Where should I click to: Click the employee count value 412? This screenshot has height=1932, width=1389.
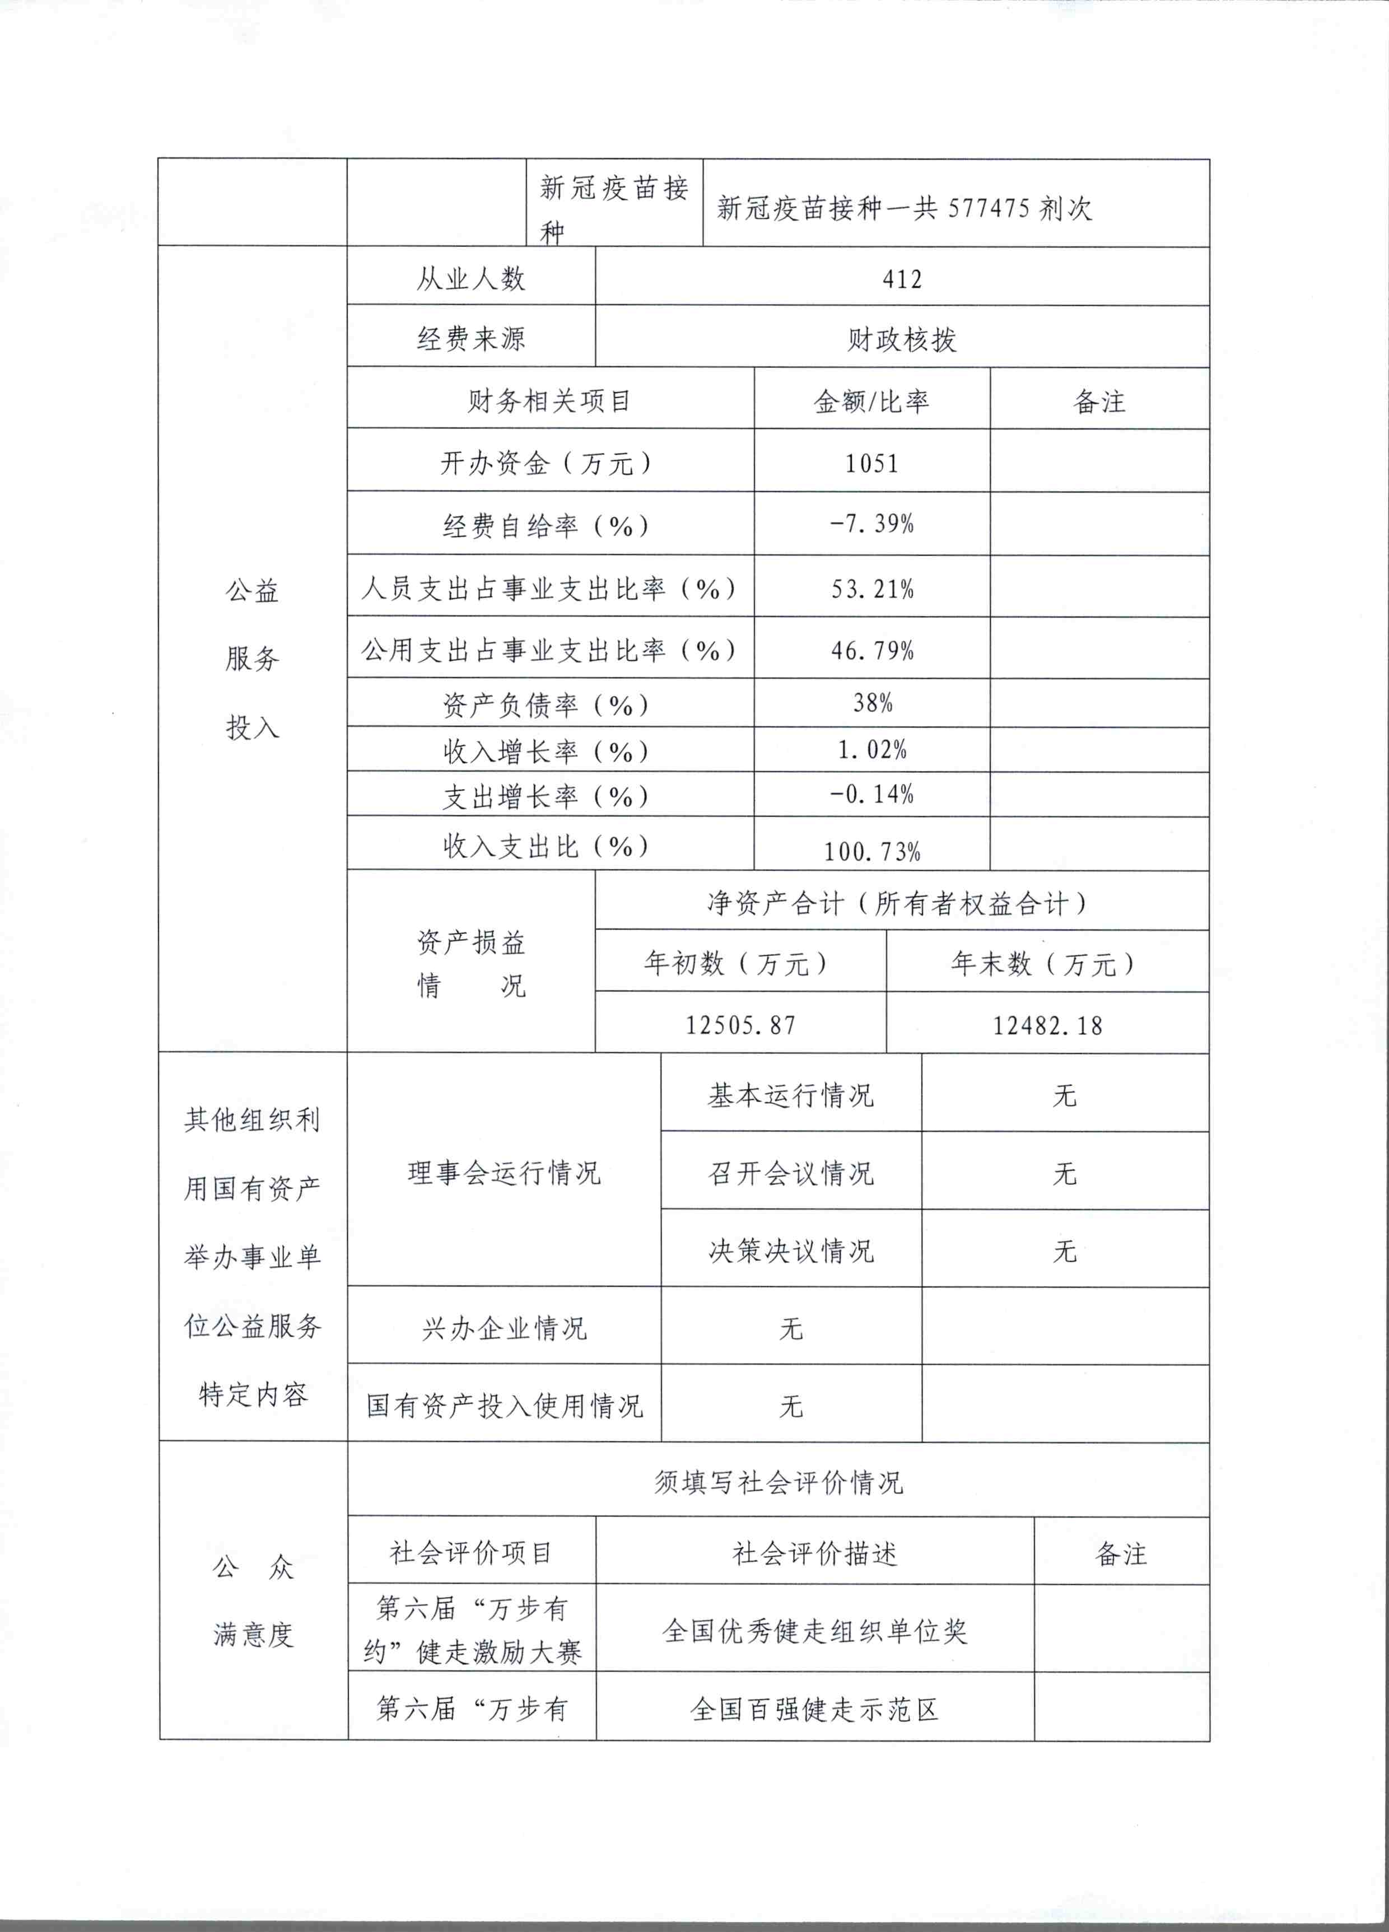[x=902, y=278]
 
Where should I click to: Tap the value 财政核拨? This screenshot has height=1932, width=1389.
[x=902, y=339]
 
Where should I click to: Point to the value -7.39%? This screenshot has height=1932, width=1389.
[x=871, y=523]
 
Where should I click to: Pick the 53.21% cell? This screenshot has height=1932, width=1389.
[x=871, y=589]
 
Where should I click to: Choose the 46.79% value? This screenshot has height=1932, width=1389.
[x=871, y=651]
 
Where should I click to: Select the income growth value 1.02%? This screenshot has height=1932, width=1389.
[x=871, y=750]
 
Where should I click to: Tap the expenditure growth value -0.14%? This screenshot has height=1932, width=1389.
[x=871, y=794]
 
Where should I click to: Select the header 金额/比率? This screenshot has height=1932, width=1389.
[x=871, y=400]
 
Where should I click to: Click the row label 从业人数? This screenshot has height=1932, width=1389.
[x=470, y=278]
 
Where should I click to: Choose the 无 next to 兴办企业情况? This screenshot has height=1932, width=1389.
[x=791, y=1328]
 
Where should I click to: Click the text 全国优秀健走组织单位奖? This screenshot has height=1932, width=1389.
[x=815, y=1631]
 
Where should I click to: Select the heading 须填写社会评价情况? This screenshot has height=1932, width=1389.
[x=778, y=1482]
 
